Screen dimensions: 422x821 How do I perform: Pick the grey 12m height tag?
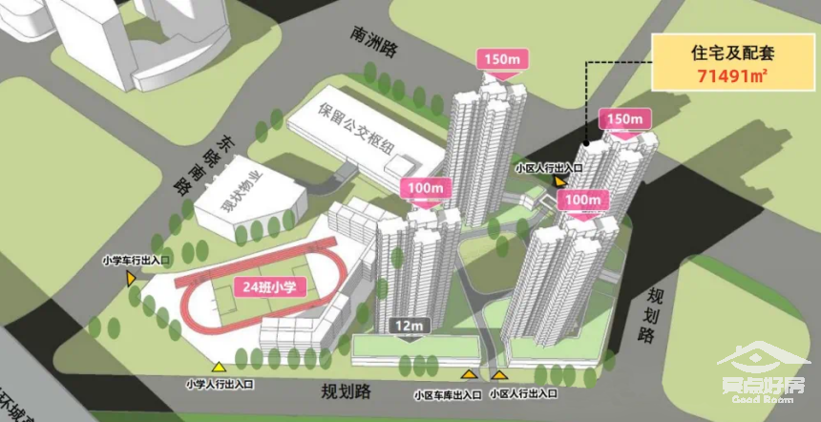pos(408,327)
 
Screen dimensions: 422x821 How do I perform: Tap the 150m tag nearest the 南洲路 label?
pos(502,59)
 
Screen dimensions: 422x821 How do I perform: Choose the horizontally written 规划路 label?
pos(344,390)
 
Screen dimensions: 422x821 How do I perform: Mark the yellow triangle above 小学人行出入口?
pos(219,368)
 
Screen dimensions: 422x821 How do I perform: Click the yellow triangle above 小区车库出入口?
pos(468,374)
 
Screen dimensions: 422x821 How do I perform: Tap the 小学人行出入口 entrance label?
pos(220,385)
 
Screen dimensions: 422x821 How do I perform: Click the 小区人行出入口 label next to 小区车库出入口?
pos(524,393)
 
